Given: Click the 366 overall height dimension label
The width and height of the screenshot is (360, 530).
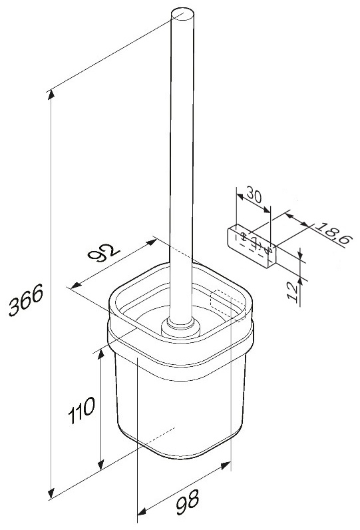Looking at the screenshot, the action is tap(26, 300).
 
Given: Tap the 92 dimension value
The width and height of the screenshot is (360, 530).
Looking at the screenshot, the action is tap(103, 253).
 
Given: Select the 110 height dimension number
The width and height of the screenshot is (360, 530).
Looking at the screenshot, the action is tap(82, 410).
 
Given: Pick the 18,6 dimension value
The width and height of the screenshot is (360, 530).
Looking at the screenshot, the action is tap(333, 232).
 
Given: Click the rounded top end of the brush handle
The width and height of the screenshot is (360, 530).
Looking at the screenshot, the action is tap(183, 15).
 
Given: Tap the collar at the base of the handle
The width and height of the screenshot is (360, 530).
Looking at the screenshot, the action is tap(181, 328).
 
